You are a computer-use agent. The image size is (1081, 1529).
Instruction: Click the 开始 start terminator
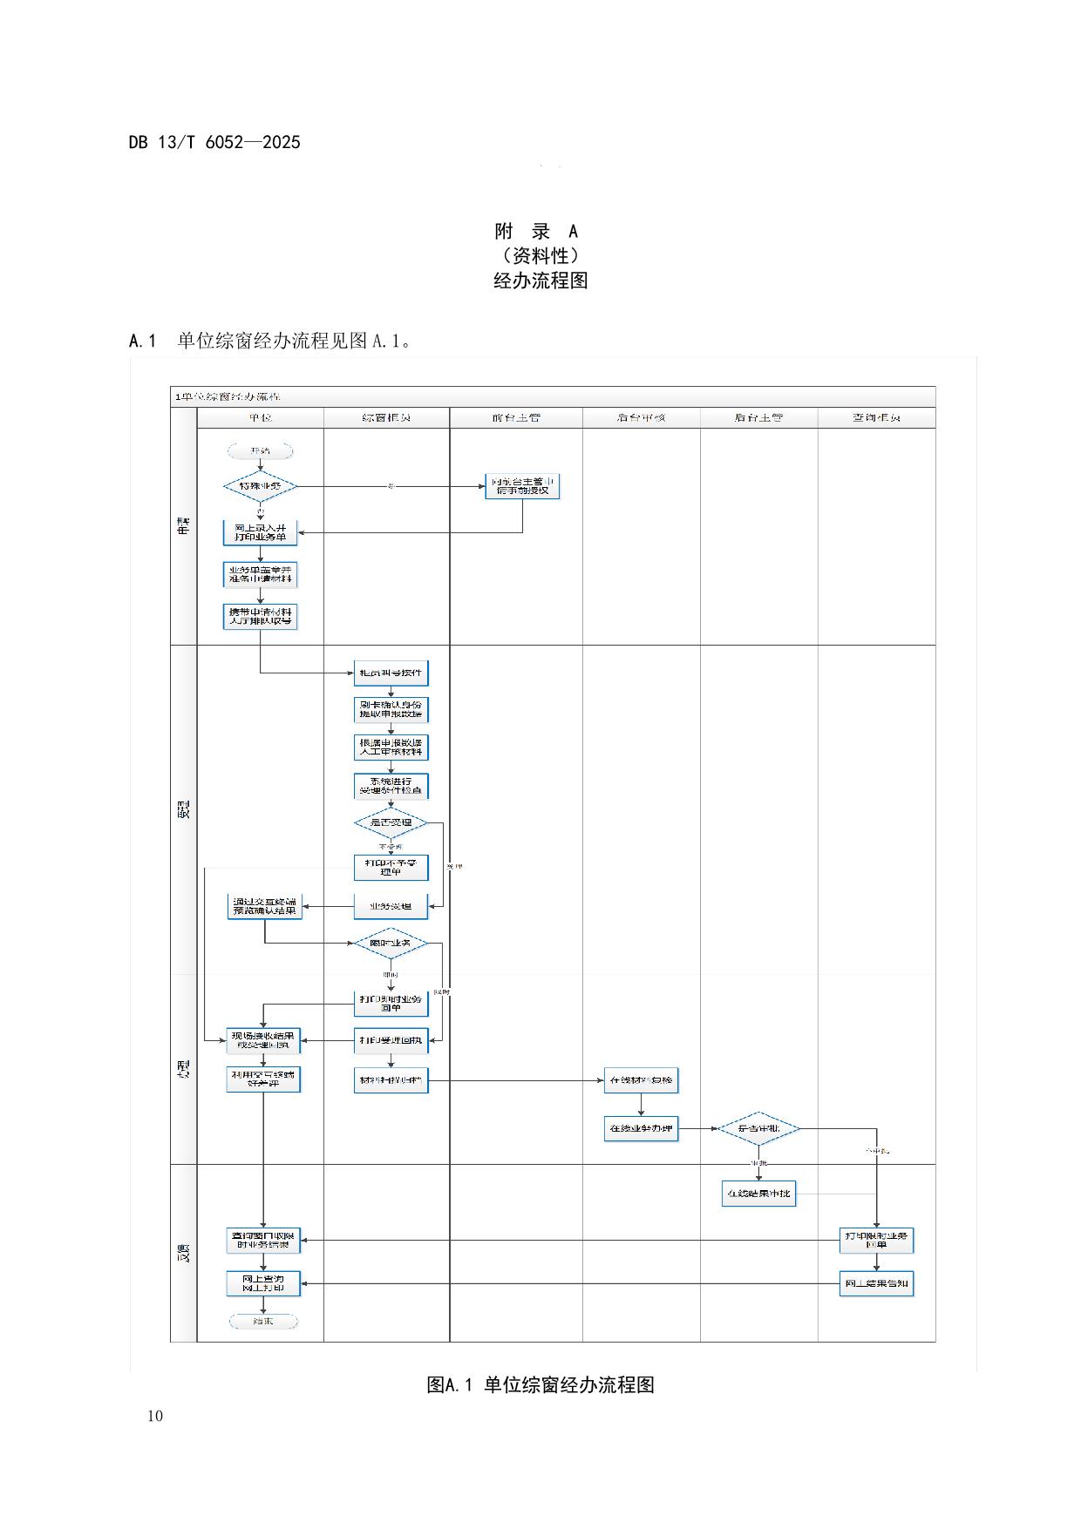[260, 451]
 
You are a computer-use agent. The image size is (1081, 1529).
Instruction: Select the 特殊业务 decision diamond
[260, 486]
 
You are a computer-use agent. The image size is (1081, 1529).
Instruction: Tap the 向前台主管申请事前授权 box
[522, 486]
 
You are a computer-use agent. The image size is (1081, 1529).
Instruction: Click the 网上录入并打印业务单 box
[260, 532]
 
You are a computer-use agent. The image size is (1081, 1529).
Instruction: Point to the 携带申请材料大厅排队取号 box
[260, 616]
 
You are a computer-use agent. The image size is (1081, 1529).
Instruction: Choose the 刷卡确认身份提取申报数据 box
[391, 709]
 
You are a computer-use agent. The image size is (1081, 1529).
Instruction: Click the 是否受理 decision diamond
[391, 822]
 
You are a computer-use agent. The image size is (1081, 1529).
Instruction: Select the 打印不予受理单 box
[391, 867]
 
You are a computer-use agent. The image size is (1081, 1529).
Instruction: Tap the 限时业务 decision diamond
[391, 943]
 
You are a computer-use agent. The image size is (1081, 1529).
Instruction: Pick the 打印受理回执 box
[391, 1040]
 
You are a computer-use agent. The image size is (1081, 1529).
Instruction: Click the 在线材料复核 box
[641, 1080]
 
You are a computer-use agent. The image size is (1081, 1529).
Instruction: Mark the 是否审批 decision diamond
[758, 1129]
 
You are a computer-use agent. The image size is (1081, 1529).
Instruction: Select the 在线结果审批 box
[758, 1194]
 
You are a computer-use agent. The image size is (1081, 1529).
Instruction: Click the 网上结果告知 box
[876, 1283]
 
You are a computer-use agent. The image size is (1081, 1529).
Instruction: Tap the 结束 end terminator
[263, 1322]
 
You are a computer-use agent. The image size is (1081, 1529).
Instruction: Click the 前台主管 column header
[516, 418]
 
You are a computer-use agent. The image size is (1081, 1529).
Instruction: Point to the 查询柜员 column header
[876, 418]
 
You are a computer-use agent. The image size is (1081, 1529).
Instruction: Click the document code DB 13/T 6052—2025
[214, 143]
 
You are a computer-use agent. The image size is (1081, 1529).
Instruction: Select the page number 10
[154, 1416]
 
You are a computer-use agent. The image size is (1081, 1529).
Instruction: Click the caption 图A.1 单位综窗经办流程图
[540, 1385]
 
